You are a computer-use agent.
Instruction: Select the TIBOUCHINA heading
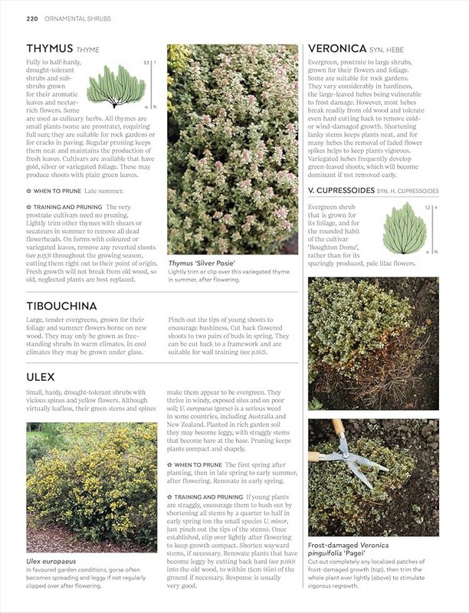(x=61, y=306)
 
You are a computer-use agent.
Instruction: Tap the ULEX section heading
(x=40, y=377)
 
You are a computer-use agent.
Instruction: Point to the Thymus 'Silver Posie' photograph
(x=232, y=149)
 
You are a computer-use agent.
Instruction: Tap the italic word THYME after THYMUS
(x=87, y=51)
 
